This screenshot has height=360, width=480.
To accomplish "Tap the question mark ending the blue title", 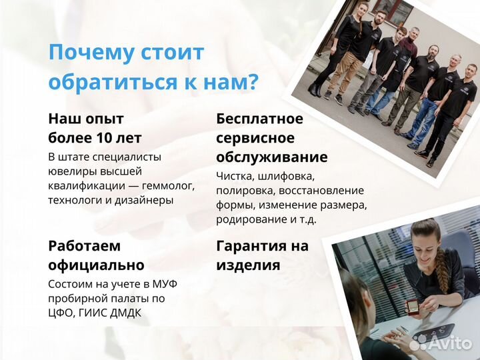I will (252, 83).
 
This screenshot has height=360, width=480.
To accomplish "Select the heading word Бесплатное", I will (259, 119).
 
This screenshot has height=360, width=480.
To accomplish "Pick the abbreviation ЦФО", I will (63, 313).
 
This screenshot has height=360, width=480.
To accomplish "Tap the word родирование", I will (247, 219).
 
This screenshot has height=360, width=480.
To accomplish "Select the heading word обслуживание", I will (271, 157).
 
